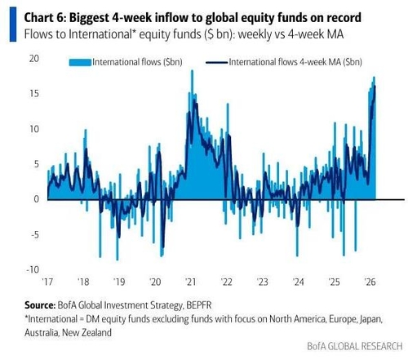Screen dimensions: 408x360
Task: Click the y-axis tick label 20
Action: [34, 59]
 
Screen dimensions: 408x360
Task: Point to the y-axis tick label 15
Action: [34, 94]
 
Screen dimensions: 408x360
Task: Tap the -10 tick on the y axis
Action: [33, 269]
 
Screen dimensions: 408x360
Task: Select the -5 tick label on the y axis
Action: [34, 234]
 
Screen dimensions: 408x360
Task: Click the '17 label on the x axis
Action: [48, 282]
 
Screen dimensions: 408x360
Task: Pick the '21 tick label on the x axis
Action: [191, 282]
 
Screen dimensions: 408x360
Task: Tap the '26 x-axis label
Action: [370, 282]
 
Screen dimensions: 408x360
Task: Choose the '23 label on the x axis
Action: [263, 282]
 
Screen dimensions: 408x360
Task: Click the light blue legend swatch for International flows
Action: [80, 62]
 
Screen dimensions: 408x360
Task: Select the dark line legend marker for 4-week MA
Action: [217, 63]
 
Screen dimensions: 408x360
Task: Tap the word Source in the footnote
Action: [40, 305]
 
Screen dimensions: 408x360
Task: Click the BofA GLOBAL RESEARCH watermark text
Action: [355, 346]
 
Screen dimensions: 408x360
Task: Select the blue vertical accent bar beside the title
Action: [13, 24]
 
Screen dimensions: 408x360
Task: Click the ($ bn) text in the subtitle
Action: [218, 34]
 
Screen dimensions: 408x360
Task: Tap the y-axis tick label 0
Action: [37, 199]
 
